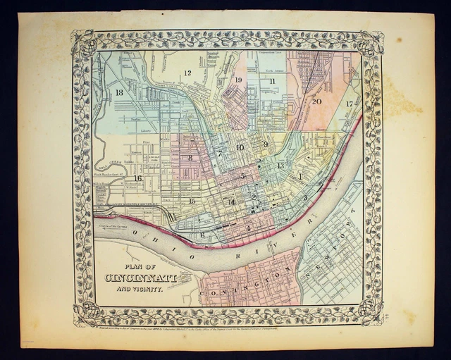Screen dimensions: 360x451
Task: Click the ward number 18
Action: point(119,92)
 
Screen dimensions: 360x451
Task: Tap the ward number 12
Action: point(187,73)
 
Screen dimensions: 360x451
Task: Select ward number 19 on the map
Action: point(238,80)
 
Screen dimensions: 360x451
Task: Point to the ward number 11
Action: point(271,81)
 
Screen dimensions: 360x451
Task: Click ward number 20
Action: point(316,101)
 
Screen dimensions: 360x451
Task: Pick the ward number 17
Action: point(350,104)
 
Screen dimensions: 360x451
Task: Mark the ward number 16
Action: point(138,178)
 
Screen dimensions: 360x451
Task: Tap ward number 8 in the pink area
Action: point(190,158)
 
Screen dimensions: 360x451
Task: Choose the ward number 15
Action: point(192,201)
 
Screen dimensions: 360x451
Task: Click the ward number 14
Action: point(231,202)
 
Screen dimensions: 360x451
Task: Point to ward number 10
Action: point(240,147)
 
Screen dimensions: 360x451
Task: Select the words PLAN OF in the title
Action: point(137,266)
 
